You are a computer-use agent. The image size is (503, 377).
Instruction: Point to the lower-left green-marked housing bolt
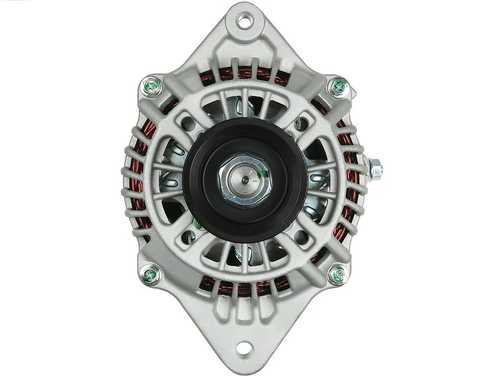pyautogui.click(x=150, y=273)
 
